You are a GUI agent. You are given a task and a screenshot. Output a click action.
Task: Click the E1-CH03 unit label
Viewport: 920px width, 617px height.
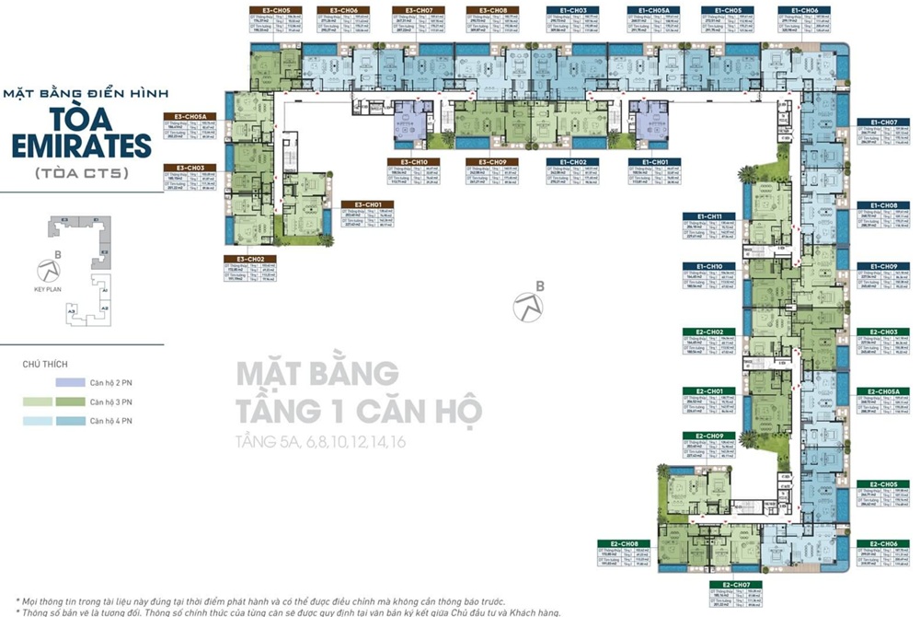pyautogui.click(x=573, y=10)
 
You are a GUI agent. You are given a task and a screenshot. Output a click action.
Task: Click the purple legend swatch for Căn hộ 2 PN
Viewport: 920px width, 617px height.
pyautogui.click(x=70, y=383)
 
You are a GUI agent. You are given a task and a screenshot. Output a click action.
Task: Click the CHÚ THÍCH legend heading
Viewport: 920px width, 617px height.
pyautogui.click(x=45, y=365)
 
